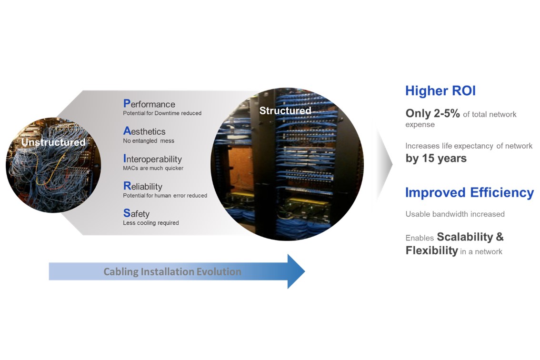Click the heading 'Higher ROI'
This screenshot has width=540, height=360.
tap(440, 90)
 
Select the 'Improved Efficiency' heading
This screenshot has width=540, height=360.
tap(470, 192)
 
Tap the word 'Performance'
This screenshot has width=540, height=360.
tap(149, 104)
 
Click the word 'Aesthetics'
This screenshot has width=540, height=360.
tap(144, 131)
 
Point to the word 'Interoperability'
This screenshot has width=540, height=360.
tap(152, 159)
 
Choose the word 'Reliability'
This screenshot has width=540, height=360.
tap(142, 186)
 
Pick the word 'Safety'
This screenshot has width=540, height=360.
tap(136, 214)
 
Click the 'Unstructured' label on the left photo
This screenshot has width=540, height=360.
tap(53, 142)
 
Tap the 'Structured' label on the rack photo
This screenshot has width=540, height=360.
tap(285, 110)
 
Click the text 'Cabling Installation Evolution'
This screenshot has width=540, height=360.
tap(172, 271)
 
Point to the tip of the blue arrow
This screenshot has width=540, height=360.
tap(305, 271)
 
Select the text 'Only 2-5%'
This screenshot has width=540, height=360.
tap(432, 113)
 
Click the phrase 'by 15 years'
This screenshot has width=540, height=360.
tap(436, 158)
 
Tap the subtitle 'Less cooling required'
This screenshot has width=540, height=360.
tap(151, 223)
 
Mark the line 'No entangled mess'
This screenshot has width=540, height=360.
tap(149, 140)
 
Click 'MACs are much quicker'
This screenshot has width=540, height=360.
tap(153, 168)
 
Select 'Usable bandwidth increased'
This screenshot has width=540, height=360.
tap(455, 214)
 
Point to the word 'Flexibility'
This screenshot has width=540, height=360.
tap(431, 250)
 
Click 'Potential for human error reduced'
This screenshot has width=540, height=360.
tap(165, 195)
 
